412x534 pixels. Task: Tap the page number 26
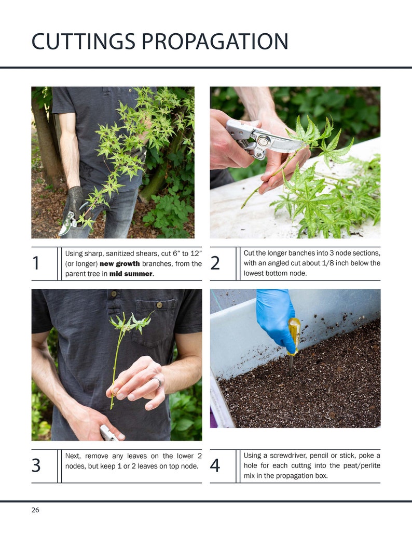pyautogui.click(x=35, y=510)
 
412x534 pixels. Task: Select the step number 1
pyautogui.click(x=36, y=263)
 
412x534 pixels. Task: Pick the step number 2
pyautogui.click(x=215, y=263)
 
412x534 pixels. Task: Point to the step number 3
pyautogui.click(x=36, y=466)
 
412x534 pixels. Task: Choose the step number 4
pyautogui.click(x=215, y=466)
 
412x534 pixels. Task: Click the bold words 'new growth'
pyautogui.click(x=119, y=264)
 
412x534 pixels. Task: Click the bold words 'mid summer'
pyautogui.click(x=131, y=274)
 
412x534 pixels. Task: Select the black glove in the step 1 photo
pyautogui.click(x=74, y=202)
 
